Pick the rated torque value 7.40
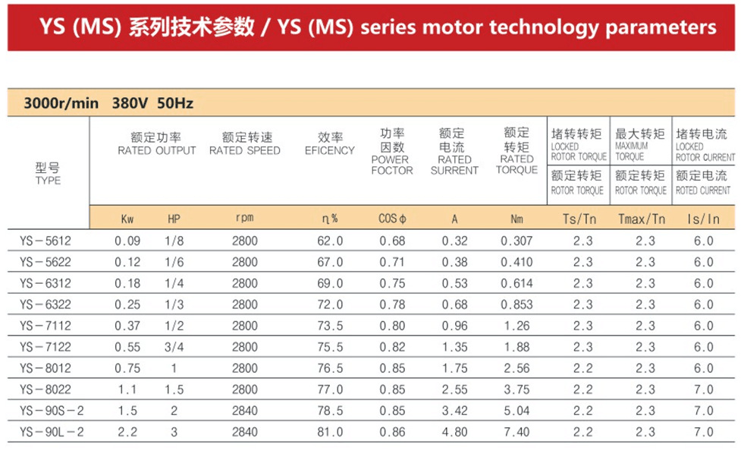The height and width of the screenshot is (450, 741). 517,432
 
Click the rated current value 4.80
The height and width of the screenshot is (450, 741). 454,432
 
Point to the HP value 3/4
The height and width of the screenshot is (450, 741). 174,347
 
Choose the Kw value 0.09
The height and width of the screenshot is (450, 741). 127,241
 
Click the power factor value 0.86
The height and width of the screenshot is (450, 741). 392,432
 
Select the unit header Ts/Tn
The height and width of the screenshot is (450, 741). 579,219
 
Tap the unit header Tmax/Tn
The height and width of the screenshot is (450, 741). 642,219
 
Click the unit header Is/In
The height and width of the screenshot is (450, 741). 703,219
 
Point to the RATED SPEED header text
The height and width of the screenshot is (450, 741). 245,151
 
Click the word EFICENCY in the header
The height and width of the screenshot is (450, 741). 330,151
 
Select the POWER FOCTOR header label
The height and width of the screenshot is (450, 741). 392,165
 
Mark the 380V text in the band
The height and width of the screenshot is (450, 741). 130,103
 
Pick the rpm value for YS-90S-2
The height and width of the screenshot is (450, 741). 245,411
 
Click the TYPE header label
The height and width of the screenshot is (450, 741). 48,181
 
